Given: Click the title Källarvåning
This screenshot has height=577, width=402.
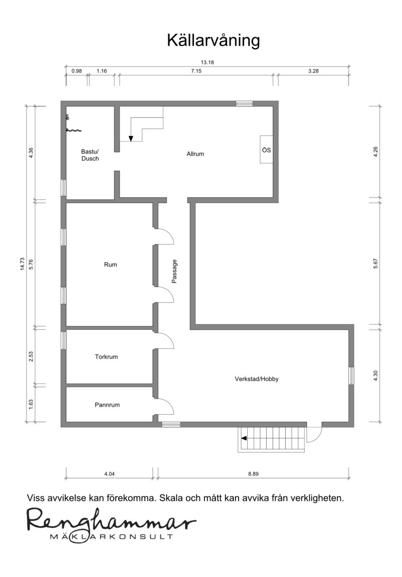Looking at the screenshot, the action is [x=214, y=41].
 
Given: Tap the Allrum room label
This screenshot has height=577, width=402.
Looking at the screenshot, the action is [x=195, y=154].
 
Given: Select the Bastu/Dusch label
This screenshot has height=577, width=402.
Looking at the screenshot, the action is [x=90, y=155].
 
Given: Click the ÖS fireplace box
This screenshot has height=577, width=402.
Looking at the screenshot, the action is [x=267, y=150].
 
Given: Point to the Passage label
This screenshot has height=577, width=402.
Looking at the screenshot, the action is [x=174, y=271].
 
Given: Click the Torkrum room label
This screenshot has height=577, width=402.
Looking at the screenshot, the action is [x=107, y=356].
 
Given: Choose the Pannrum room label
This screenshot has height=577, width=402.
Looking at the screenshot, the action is [x=107, y=405].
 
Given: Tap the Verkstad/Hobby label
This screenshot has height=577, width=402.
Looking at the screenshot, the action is [x=257, y=378].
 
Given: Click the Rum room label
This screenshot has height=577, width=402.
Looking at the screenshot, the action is [x=111, y=264].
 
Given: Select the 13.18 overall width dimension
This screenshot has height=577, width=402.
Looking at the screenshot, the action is [x=207, y=62].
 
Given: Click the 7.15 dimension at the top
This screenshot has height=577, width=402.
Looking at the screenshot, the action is [x=196, y=71].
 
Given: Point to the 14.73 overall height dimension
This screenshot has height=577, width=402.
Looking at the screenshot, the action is [x=22, y=264].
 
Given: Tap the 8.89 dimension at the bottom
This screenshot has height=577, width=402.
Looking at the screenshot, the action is [x=253, y=473].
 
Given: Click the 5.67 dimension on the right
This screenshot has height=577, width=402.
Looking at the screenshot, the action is [x=375, y=264].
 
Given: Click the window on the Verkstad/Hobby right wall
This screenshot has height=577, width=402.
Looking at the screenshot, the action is [x=351, y=376].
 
